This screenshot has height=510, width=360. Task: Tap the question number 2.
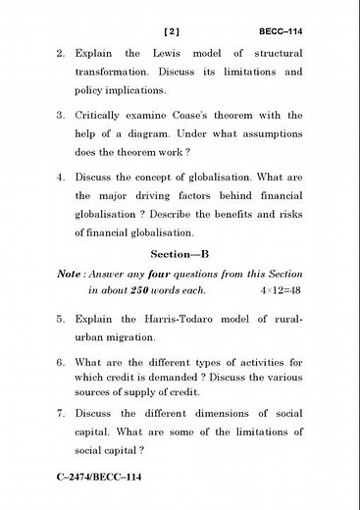click(61, 53)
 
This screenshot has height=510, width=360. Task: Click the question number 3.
click(61, 116)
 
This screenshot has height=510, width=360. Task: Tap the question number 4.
click(61, 178)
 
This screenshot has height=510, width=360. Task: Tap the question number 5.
click(61, 320)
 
